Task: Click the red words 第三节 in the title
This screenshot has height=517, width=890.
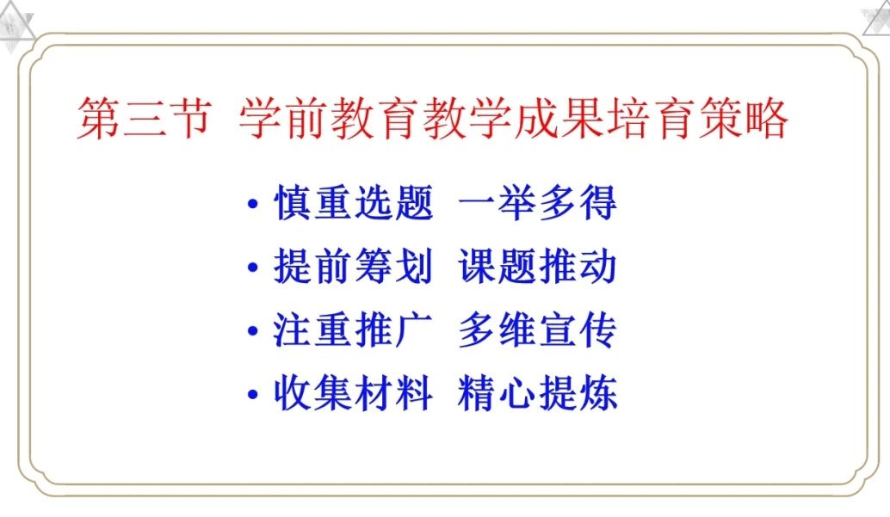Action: click(x=144, y=118)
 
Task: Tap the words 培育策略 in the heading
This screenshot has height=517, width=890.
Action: click(x=697, y=118)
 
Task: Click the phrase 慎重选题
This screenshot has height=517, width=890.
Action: click(x=354, y=203)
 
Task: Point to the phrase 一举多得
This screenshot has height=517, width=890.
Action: click(x=537, y=203)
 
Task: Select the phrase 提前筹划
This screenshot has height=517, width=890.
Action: click(x=354, y=266)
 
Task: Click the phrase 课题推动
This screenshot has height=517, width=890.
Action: click(x=537, y=266)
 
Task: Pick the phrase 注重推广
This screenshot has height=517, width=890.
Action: click(x=353, y=329)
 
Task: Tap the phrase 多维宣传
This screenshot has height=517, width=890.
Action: click(x=537, y=329)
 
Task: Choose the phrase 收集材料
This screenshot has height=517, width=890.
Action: click(x=353, y=393)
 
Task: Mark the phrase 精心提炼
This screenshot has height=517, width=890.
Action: click(x=537, y=393)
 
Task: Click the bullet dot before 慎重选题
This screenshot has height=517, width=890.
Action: click(x=253, y=204)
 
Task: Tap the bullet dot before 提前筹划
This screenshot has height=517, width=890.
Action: click(x=253, y=268)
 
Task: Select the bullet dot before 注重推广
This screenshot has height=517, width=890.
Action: click(x=253, y=331)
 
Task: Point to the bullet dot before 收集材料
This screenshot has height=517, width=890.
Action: click(x=253, y=395)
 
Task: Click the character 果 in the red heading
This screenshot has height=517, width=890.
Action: click(x=582, y=118)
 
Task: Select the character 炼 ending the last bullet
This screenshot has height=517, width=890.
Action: click(x=598, y=393)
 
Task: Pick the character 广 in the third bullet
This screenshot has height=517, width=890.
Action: click(x=414, y=329)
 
